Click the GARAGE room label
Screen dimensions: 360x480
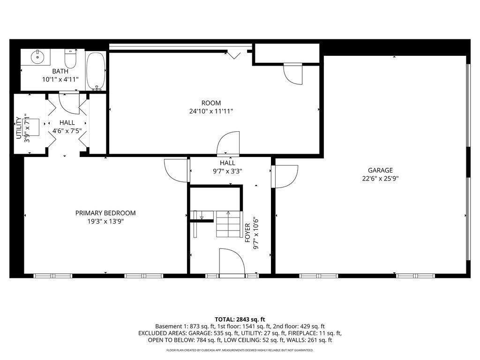pos(380,171)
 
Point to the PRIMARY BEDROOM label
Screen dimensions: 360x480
pos(105,213)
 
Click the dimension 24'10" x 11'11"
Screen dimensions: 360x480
pos(210,111)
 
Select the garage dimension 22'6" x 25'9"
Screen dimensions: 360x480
pos(380,178)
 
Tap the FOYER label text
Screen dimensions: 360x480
pos(247,232)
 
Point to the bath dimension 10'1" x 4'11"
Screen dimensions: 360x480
pos(60,79)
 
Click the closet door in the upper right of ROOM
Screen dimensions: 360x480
pos(293,74)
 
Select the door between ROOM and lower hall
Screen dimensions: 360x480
pos(229,142)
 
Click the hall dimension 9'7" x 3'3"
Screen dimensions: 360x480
pos(227,171)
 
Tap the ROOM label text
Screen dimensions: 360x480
pos(211,103)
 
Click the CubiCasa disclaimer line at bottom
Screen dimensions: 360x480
pos(240,350)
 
